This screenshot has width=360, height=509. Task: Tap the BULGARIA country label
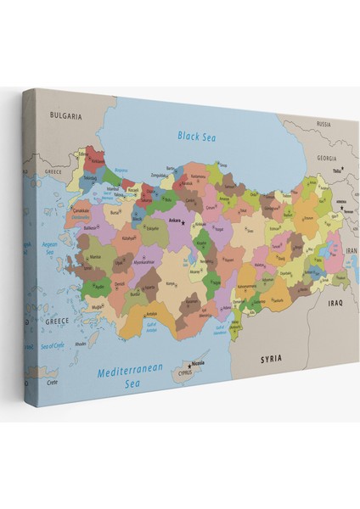pos(65,115)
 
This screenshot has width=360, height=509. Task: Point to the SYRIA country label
pos(271,359)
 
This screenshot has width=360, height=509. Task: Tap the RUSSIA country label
pos(323,124)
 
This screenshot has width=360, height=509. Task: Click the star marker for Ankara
pos(183,223)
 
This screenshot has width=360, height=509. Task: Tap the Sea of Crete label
pos(53,346)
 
